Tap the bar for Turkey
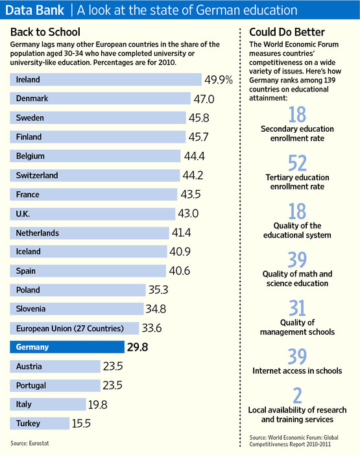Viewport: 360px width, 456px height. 40,423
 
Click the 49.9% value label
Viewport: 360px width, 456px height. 220,80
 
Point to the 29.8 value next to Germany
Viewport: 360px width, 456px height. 138,347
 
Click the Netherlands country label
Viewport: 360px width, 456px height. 38,232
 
